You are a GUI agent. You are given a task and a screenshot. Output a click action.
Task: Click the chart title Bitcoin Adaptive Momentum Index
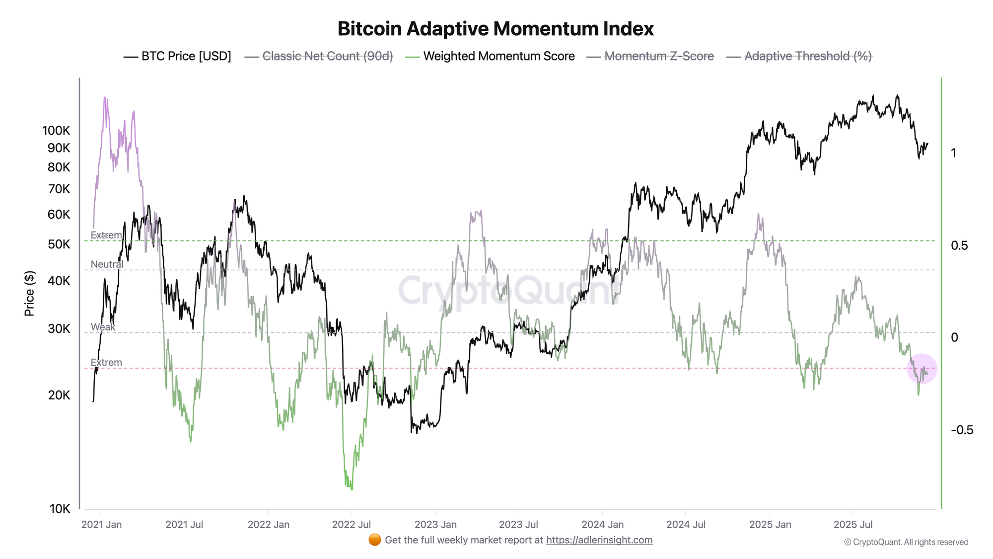(x=496, y=29)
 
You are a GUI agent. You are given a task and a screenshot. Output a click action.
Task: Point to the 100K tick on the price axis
(x=56, y=131)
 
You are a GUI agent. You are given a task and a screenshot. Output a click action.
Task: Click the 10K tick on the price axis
(x=60, y=509)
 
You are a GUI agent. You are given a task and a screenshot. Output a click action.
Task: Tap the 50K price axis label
(x=59, y=244)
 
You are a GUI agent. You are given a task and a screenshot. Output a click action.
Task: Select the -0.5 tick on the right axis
(x=962, y=430)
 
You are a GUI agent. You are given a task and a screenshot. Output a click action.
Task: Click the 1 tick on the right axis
(x=953, y=153)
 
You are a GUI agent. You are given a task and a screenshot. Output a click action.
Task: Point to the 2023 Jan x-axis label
(x=435, y=525)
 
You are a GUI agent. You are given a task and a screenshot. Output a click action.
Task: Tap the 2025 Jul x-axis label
(x=853, y=525)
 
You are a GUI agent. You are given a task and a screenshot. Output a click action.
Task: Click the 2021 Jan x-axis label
(x=101, y=525)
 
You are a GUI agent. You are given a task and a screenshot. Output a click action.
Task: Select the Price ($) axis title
(x=29, y=294)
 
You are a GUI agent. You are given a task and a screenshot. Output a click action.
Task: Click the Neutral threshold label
(x=107, y=264)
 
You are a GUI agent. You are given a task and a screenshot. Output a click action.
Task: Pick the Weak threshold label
(x=103, y=327)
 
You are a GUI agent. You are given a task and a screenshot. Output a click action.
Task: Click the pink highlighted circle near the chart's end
(x=922, y=368)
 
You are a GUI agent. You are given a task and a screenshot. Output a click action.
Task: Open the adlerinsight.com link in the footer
(x=599, y=540)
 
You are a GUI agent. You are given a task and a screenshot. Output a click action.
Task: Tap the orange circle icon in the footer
(x=375, y=540)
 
